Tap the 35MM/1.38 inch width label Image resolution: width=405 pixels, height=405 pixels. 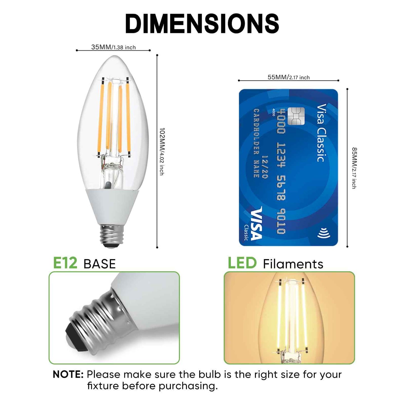[113, 47]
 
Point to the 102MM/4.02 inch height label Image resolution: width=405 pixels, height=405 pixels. [162, 151]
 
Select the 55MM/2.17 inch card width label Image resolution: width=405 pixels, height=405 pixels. [288, 77]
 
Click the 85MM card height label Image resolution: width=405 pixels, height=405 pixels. [354, 168]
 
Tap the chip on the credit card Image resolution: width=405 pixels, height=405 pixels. [296, 116]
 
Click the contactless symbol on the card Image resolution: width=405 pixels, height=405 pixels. [324, 233]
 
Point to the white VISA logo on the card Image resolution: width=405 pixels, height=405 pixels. [256, 223]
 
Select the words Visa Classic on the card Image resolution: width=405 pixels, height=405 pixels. [321, 133]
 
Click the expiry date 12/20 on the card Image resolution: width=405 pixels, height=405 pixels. [265, 167]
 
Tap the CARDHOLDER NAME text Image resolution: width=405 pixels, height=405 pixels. [256, 143]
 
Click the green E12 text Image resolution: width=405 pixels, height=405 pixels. [65, 263]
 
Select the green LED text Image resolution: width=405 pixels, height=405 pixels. [242, 263]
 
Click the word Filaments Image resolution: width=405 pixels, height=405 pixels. [293, 264]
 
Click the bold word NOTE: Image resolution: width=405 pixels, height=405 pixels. [68, 374]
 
